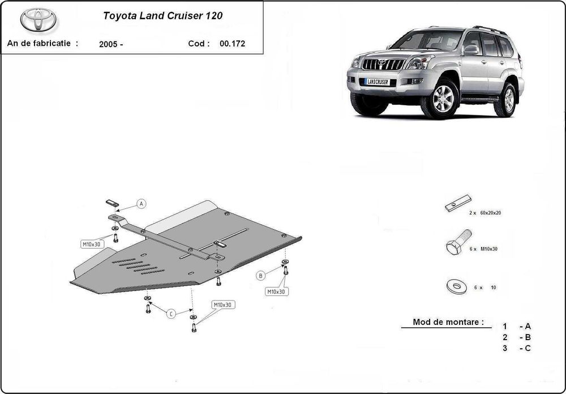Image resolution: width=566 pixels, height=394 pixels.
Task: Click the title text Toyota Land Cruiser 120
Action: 162,16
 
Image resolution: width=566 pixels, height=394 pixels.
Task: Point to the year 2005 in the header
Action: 108,44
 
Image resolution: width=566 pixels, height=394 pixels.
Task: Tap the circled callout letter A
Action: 141,204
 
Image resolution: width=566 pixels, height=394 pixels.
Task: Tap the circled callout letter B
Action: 260,276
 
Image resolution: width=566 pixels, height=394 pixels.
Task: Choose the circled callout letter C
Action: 171,314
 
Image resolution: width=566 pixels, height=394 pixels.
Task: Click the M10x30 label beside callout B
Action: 276,292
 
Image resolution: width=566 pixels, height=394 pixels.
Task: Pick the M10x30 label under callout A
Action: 92,244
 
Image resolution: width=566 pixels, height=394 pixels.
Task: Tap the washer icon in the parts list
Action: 456,286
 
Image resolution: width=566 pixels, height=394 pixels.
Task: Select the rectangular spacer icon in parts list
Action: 457,203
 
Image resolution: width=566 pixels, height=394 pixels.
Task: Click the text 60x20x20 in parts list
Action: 490,213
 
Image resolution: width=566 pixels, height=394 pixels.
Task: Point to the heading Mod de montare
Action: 448,322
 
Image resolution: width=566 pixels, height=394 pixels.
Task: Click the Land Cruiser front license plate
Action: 377,82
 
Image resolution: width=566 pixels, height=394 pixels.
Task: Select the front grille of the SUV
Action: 383,65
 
